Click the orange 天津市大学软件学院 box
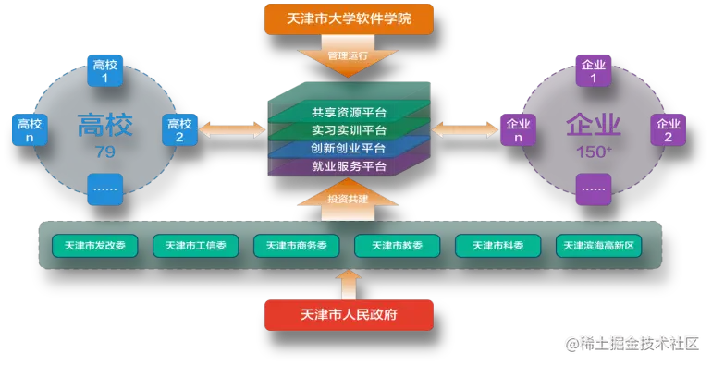click(349, 18)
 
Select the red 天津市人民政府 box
click(349, 314)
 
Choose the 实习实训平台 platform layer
click(349, 130)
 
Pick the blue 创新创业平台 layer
click(349, 148)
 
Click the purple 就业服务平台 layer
click(349, 166)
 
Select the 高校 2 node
click(180, 129)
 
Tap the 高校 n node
click(30, 129)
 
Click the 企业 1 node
click(593, 71)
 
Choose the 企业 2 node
click(668, 129)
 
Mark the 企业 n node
click(518, 129)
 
